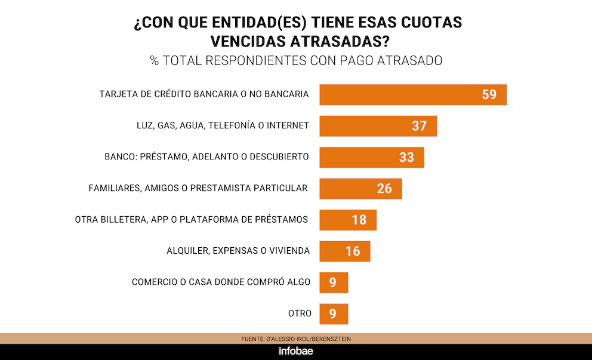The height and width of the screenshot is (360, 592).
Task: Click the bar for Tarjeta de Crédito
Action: tap(413, 94)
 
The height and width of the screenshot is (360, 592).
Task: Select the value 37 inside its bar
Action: tap(419, 126)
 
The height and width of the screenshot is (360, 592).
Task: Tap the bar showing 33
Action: tap(372, 157)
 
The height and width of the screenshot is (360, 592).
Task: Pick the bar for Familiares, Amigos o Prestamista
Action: tap(360, 189)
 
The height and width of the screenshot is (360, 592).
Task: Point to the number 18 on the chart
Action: tap(359, 220)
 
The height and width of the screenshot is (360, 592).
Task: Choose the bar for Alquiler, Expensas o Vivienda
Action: tap(345, 251)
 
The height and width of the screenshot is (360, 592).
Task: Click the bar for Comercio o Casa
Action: tap(334, 282)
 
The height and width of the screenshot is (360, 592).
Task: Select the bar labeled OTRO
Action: tap(334, 314)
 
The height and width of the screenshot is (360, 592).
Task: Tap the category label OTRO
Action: tap(300, 313)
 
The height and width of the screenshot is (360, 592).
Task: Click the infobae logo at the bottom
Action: tap(296, 351)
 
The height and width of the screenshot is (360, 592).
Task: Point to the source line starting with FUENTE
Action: tap(296, 339)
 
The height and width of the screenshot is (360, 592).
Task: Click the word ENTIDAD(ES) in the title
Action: tap(259, 23)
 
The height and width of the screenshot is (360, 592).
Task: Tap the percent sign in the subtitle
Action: tap(154, 60)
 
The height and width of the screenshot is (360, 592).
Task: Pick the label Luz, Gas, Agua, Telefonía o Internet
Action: tap(223, 125)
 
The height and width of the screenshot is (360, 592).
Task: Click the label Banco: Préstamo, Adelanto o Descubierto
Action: tap(206, 157)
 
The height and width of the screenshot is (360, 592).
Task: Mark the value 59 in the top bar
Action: tap(489, 94)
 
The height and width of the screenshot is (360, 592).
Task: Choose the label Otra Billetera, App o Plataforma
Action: tap(192, 220)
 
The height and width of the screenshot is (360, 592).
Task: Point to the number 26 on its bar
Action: tap(384, 189)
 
